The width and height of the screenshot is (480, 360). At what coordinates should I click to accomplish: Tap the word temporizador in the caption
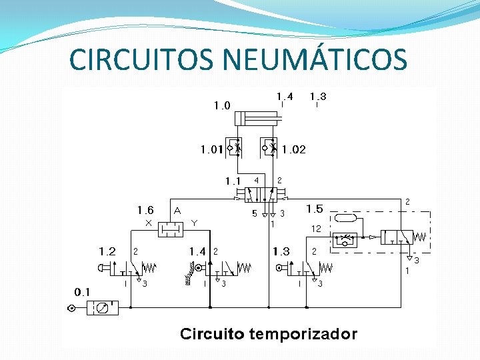[x=303, y=334]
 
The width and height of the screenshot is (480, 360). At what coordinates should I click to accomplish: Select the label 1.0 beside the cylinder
[x=222, y=105]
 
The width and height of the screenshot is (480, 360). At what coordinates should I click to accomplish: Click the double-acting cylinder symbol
[x=260, y=119]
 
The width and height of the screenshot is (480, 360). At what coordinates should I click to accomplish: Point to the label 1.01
[x=211, y=149]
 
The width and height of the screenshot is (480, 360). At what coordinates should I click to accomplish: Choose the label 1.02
[x=294, y=149]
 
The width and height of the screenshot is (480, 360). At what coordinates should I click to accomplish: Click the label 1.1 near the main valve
[x=233, y=181]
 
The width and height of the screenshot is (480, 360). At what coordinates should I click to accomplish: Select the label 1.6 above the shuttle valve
[x=145, y=210]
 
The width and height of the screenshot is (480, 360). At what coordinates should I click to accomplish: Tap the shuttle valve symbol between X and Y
[x=170, y=230]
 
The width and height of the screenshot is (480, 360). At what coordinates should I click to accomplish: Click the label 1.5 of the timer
[x=314, y=209]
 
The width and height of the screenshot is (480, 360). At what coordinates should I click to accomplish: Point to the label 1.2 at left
[x=107, y=251]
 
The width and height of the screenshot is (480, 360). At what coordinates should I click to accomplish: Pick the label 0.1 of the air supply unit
[x=83, y=292]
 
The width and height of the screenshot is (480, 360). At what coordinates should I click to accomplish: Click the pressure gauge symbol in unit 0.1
[x=102, y=308]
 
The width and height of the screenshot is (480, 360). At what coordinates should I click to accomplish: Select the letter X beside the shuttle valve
[x=148, y=222]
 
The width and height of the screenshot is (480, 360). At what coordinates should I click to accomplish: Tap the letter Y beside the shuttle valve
[x=194, y=222]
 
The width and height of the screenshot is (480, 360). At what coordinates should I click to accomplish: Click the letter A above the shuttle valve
[x=177, y=210]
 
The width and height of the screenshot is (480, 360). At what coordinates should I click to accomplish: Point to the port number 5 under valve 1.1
[x=253, y=214]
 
